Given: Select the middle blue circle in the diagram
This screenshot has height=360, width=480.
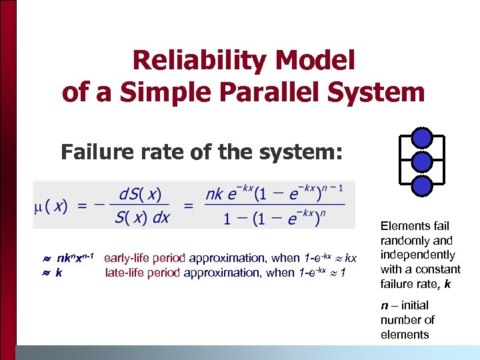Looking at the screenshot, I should [x=421, y=161].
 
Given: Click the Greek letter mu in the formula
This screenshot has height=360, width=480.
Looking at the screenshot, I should [x=39, y=206].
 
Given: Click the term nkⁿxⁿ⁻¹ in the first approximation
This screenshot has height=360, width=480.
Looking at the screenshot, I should [x=79, y=258].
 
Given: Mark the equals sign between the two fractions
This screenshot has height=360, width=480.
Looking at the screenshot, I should [x=189, y=207].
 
